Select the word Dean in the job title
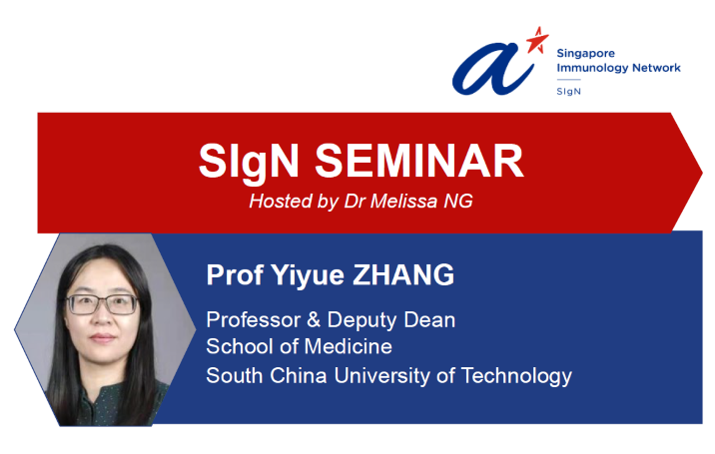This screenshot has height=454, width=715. coord(430,320)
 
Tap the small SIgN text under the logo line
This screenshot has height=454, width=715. coord(567,91)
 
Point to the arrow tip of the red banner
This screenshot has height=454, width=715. coord(698,171)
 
